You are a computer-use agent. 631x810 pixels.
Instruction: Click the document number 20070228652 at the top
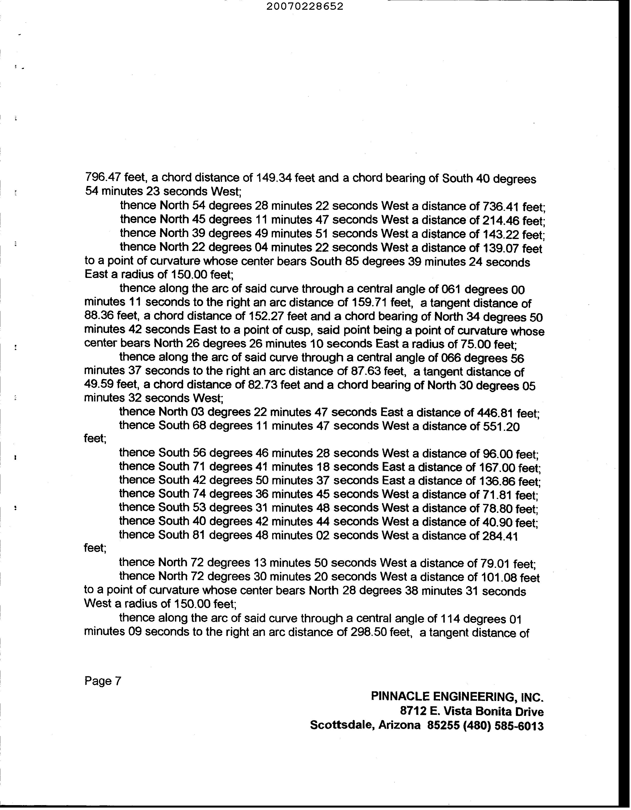tap(305, 7)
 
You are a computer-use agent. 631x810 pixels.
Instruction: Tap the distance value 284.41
tap(499, 536)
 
